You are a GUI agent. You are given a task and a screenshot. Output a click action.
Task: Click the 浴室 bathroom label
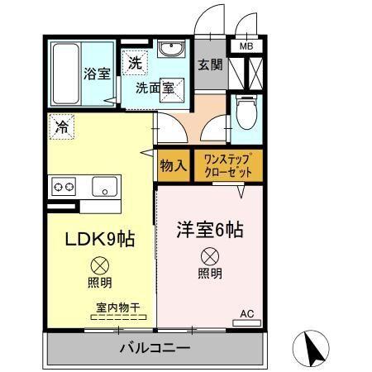coord(96,74)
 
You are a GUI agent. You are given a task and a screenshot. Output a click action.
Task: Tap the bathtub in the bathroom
coord(64,74)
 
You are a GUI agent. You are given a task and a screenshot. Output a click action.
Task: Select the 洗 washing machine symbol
coord(134,61)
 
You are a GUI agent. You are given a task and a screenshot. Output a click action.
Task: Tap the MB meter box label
coord(246,46)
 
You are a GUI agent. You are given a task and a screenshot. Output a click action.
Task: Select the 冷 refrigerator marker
coord(61,127)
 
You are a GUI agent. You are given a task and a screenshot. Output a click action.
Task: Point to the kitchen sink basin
coord(105,186)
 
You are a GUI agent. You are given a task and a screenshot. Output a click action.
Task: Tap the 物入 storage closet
coord(173,165)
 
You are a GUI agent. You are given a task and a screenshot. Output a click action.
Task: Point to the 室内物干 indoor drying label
coord(117,308)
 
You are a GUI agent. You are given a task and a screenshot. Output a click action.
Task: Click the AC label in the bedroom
coord(246,312)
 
